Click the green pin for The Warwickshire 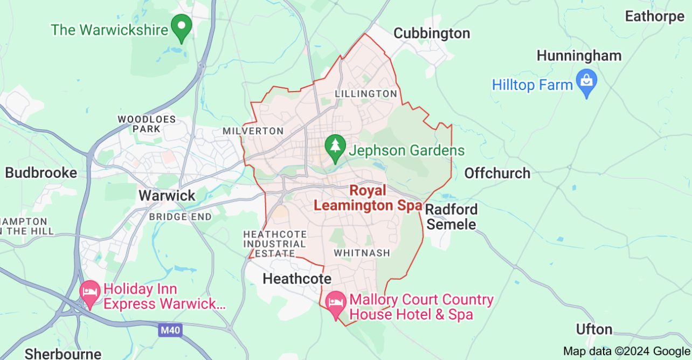[x=182, y=27]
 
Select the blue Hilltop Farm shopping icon [x=586, y=82]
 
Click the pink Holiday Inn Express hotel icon [x=89, y=293]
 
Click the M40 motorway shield [x=169, y=330]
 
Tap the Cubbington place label [x=432, y=33]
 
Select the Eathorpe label [x=654, y=17]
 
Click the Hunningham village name [x=579, y=56]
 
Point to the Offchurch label [x=497, y=173]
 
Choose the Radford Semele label [x=451, y=217]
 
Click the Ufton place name [x=594, y=329]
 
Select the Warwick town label [x=167, y=195]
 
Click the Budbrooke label [x=41, y=173]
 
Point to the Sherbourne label [x=63, y=354]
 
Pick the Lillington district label [x=366, y=94]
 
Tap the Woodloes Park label [x=139, y=124]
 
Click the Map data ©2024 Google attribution [x=626, y=351]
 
